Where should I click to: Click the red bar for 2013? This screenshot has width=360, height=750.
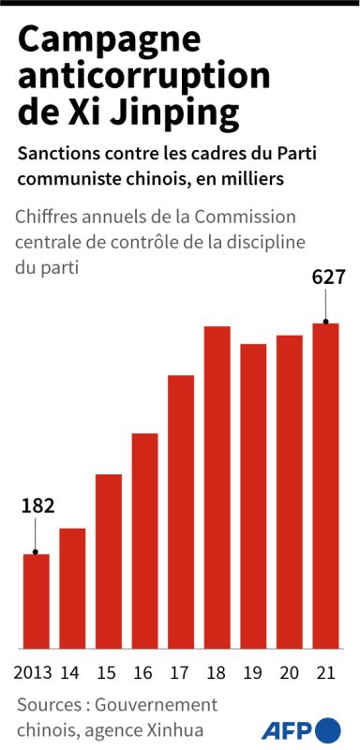coord(37,601)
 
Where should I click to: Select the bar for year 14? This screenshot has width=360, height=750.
coord(72,589)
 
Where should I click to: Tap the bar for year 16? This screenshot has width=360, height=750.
coord(145,541)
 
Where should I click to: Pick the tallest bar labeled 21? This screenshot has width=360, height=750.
coord(325,486)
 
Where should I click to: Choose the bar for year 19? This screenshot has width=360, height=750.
coord(253,496)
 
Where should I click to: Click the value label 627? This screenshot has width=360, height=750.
coord(328,277)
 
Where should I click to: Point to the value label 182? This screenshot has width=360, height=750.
coord(37,506)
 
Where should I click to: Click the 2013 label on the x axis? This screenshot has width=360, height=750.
coord(33,672)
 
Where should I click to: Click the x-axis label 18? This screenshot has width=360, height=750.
coord(217,672)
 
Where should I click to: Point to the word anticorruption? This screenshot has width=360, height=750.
coord(143,78)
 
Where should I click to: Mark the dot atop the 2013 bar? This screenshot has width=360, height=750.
coord(36,552)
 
